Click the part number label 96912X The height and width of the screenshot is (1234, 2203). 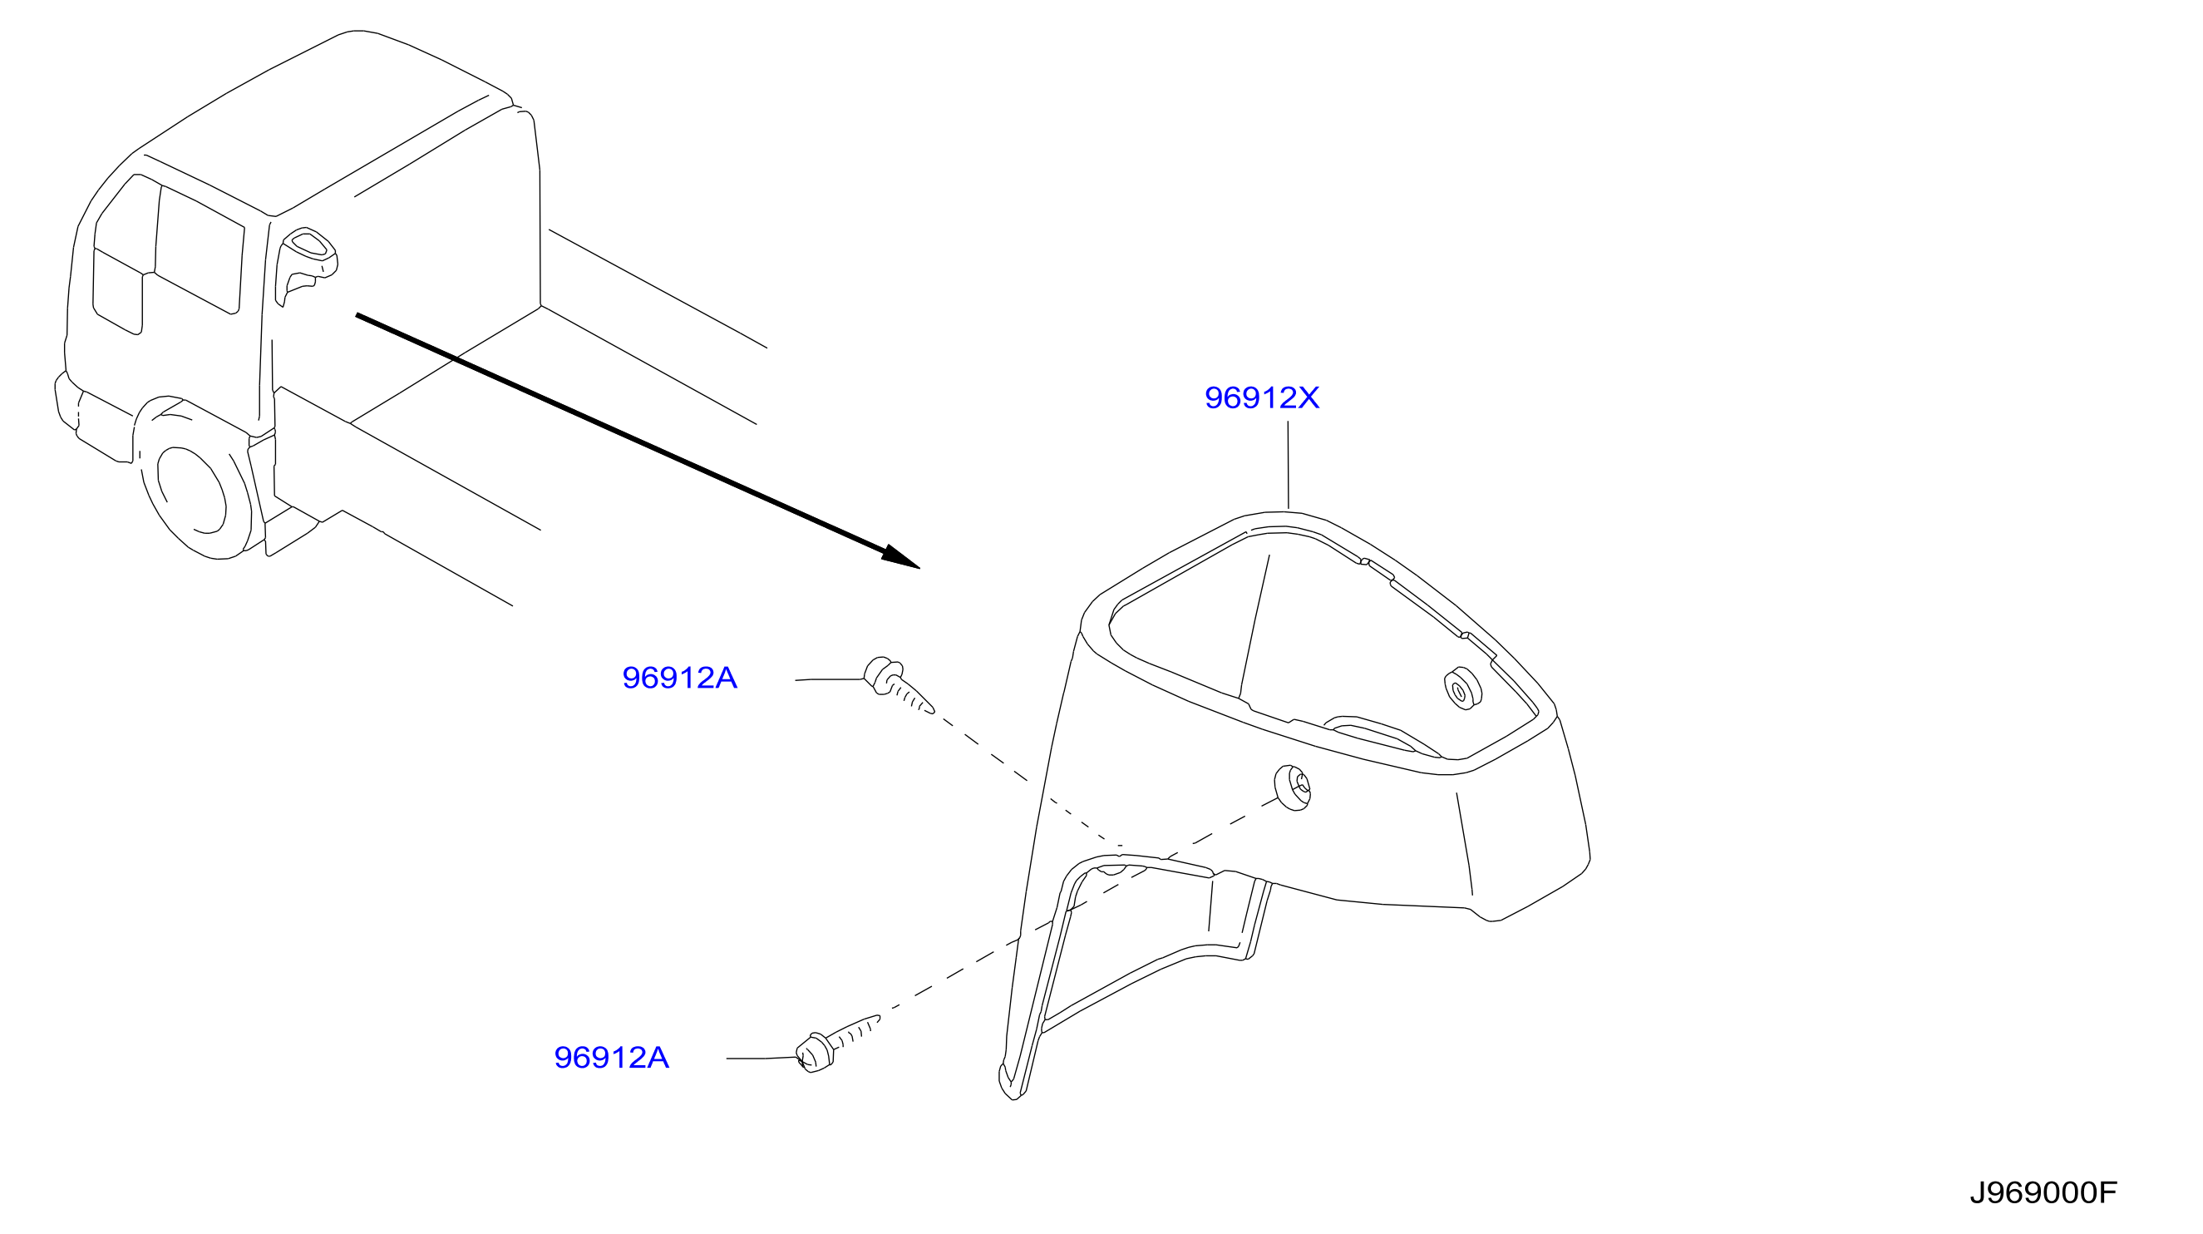[x=1261, y=397]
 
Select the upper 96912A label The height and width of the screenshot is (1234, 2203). [x=679, y=679]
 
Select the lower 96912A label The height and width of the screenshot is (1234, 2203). [x=611, y=1058]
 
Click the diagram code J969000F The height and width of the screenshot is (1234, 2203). [x=2043, y=1193]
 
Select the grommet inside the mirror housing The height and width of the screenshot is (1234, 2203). [x=1463, y=689]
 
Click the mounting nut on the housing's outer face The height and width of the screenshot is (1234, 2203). [x=1292, y=787]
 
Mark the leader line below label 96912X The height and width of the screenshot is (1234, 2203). [x=1288, y=464]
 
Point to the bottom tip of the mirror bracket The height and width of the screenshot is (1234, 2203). [x=1012, y=1086]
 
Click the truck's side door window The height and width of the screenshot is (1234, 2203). [x=200, y=251]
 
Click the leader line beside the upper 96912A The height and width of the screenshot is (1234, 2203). [x=830, y=680]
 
